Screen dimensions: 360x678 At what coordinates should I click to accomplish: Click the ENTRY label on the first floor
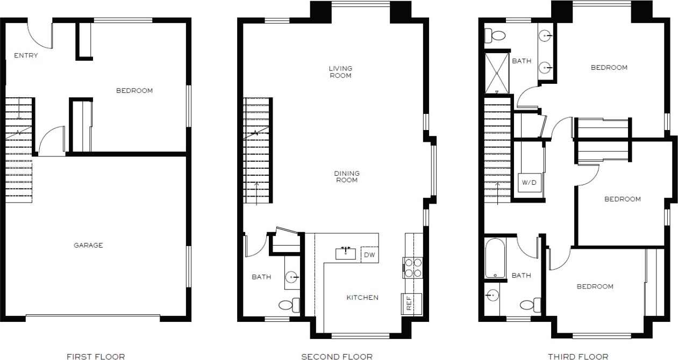pos(26,55)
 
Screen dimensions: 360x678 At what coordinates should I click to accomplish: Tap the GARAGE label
pos(88,246)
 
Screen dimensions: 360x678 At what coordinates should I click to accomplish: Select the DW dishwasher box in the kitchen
pos(369,255)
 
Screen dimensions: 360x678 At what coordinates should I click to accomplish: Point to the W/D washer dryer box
pos(529,183)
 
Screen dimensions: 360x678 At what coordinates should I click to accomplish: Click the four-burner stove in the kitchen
pos(413,268)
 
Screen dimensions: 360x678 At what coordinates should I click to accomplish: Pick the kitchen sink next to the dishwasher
pos(346,253)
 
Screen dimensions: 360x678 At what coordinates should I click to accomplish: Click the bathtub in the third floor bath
pos(495,258)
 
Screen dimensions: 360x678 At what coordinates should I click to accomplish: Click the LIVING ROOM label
pos(341,72)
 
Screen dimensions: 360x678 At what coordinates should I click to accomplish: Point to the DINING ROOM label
pos(347,177)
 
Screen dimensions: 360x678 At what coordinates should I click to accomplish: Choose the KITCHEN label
pos(362,298)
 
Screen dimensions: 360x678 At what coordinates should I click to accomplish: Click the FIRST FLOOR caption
pos(96,356)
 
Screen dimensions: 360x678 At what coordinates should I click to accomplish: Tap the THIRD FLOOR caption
pos(578,356)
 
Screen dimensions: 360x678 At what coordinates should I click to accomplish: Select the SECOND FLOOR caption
pos(337,356)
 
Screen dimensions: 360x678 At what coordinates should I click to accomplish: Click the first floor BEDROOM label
pos(134,91)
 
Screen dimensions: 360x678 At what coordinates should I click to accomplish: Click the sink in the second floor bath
pos(291,277)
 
